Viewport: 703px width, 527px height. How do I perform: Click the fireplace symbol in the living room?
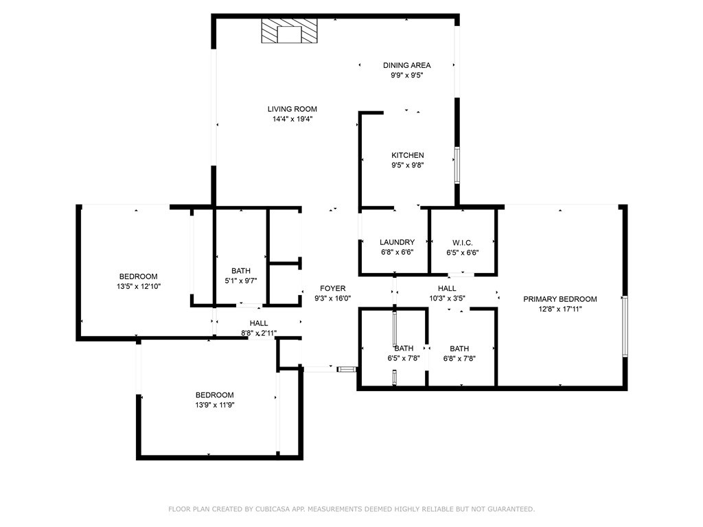(290, 31)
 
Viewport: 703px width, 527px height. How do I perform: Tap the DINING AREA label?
(406, 65)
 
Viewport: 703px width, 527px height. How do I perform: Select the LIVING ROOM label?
(292, 109)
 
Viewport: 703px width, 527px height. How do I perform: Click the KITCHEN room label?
(408, 155)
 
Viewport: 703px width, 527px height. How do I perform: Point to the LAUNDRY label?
(397, 242)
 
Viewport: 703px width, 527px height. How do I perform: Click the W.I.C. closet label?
(462, 243)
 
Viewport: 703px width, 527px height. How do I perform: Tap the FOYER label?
(333, 289)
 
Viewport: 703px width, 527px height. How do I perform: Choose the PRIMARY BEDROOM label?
(560, 299)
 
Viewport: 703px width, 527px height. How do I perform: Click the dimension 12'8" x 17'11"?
(560, 309)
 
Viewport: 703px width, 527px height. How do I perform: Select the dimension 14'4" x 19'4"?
(292, 119)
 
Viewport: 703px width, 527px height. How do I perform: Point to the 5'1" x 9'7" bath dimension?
(241, 281)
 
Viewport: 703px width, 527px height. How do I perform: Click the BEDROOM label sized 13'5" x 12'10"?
(138, 277)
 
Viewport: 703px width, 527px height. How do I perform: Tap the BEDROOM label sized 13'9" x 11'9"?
(214, 395)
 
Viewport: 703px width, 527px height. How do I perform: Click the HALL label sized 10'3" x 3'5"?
(447, 289)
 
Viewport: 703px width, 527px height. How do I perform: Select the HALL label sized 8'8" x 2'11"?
(259, 323)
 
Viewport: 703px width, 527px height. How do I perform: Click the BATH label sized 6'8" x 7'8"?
(459, 349)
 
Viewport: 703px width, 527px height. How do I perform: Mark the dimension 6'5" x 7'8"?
(404, 358)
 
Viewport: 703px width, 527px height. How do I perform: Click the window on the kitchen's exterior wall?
(457, 165)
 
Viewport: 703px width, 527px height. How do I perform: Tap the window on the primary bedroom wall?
(625, 326)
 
